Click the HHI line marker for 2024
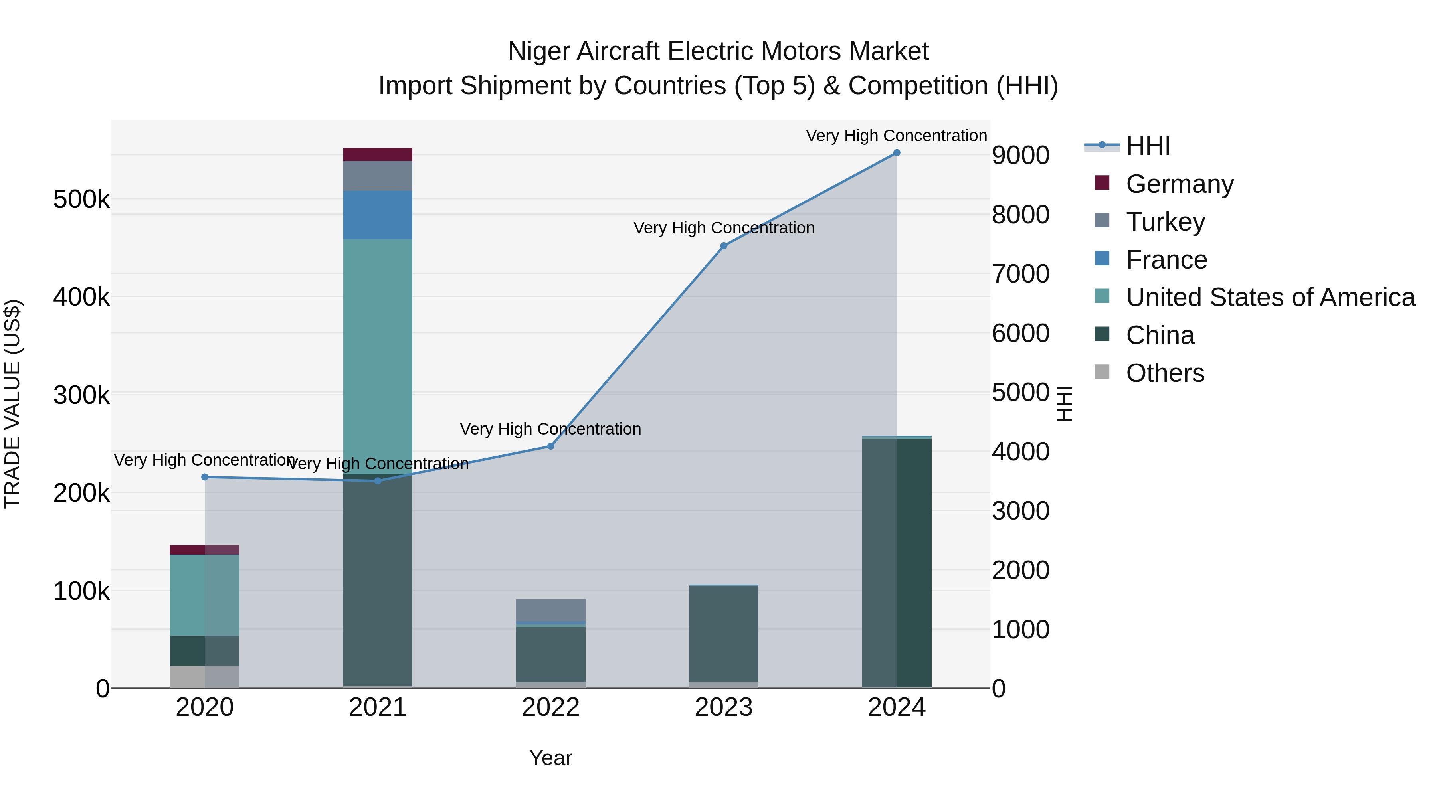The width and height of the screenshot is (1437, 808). click(x=897, y=153)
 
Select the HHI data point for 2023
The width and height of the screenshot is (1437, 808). click(x=724, y=246)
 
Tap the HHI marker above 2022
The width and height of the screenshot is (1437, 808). click(x=550, y=446)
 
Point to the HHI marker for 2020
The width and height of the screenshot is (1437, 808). click(x=205, y=477)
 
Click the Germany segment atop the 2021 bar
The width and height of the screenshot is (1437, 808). click(x=378, y=154)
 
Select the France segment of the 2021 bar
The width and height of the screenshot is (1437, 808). click(x=378, y=215)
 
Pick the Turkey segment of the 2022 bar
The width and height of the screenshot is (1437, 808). click(x=550, y=610)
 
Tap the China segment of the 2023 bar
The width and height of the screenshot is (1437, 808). click(x=724, y=634)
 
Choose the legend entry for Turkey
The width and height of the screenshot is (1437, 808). click(x=1165, y=222)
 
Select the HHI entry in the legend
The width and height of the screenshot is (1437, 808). click(x=1148, y=146)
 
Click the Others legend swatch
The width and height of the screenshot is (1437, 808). click(x=1102, y=371)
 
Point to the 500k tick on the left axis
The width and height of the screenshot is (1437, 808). click(x=81, y=200)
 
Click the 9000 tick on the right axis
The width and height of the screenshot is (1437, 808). click(x=1020, y=156)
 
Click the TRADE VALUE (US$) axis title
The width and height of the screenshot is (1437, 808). click(x=12, y=404)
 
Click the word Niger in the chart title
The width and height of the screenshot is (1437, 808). click(x=538, y=52)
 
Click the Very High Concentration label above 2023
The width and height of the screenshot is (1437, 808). click(x=724, y=228)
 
